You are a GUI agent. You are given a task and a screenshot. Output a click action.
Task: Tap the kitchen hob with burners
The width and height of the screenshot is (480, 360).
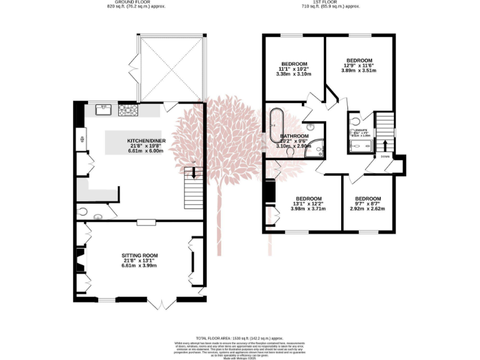coord(128,110)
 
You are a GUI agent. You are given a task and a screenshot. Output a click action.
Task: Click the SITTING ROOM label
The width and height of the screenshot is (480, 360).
coord(139,256)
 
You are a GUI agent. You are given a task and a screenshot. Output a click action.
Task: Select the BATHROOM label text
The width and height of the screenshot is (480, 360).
coord(294,136)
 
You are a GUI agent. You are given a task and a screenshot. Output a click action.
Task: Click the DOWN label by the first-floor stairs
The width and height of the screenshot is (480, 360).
coord(386,156)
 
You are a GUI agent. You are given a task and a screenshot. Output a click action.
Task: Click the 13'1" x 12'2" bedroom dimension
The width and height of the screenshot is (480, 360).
coord(308,204)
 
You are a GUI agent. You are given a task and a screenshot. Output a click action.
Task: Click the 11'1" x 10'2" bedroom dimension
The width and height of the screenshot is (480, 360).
coord(293,69)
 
